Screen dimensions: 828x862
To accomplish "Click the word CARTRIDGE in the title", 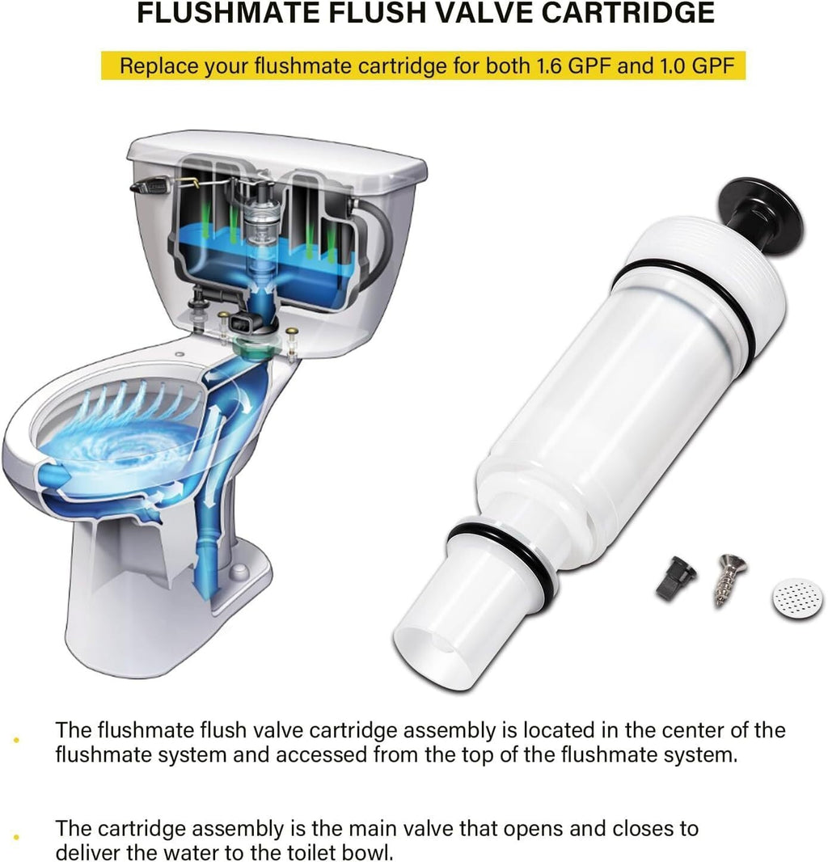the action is tap(627, 13).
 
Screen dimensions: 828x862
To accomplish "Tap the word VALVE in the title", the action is tap(481, 13).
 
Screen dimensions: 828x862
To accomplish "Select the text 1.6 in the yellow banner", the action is tap(549, 66).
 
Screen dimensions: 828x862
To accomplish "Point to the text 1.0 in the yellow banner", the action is tap(672, 66).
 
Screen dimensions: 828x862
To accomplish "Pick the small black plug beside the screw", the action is tap(676, 578).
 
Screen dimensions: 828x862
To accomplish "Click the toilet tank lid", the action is tap(277, 158).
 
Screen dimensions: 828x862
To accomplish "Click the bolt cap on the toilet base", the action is tap(239, 571).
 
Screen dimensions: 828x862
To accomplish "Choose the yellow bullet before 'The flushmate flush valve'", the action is tap(16, 741).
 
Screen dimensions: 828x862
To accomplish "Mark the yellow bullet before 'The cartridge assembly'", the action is tap(16, 838).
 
